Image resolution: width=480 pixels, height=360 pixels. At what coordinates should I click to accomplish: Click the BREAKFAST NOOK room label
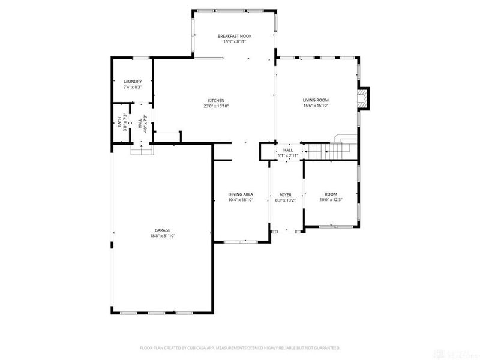[x=234, y=37]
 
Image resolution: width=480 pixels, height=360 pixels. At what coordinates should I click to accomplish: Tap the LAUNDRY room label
[x=132, y=82]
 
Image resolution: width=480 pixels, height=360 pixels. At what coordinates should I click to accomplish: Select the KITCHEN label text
[x=216, y=100]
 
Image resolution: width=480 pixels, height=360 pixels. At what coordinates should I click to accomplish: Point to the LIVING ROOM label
[x=316, y=100]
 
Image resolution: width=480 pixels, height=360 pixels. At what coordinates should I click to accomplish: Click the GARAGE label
[x=163, y=230]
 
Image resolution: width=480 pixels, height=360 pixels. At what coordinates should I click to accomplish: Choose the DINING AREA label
[x=240, y=194]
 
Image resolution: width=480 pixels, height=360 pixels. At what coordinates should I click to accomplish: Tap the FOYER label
[x=285, y=194]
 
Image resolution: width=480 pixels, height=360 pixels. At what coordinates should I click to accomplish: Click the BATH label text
[x=119, y=122]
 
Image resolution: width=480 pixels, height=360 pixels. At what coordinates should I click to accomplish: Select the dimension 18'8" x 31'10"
[x=163, y=236]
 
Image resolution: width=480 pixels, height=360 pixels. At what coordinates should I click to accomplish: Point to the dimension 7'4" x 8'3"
[x=132, y=88]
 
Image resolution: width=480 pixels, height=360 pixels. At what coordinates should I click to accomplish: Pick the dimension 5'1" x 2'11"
[x=288, y=155]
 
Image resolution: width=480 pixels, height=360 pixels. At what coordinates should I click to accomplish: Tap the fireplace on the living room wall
[x=363, y=99]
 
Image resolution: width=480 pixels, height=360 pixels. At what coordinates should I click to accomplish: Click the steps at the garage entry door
[x=142, y=150]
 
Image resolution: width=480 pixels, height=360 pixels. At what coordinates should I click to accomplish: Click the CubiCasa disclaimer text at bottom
[x=240, y=347]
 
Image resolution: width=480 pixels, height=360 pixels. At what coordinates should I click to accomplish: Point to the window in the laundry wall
[x=141, y=58]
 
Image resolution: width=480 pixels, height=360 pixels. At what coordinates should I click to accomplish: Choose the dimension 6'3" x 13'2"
[x=285, y=200]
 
